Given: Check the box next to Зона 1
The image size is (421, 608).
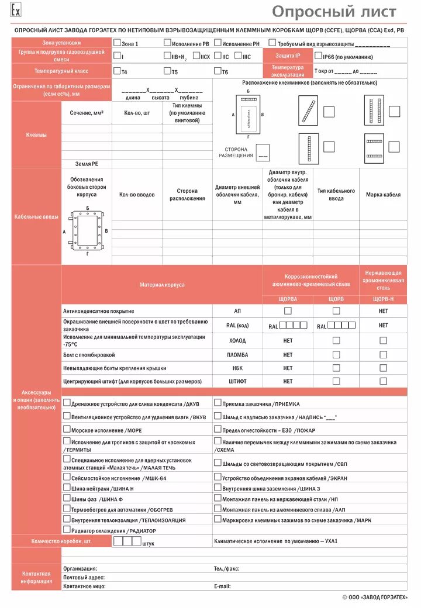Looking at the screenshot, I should [x=117, y=43].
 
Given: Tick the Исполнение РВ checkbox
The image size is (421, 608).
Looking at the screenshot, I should [x=167, y=43].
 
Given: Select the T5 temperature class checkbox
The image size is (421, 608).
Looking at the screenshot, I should [x=167, y=71].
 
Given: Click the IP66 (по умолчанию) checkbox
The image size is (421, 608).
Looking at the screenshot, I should [x=318, y=56].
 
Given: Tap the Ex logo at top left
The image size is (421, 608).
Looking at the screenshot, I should [x=16, y=12].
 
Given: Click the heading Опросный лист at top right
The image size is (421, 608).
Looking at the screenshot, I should [x=334, y=12].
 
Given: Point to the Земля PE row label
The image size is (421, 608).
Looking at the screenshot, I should [x=87, y=164].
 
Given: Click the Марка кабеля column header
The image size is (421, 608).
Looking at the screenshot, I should [x=383, y=195].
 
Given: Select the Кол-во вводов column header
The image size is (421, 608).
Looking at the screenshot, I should [x=137, y=195].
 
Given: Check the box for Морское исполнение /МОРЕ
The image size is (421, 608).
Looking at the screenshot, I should [x=67, y=430].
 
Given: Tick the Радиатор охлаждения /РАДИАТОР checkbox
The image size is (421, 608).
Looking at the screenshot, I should [x=67, y=530].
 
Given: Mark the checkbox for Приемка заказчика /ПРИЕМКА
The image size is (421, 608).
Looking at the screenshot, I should [x=218, y=403].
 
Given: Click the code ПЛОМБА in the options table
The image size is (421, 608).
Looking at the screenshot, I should [x=237, y=355].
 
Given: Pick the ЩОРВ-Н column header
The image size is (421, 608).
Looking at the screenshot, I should [x=383, y=299].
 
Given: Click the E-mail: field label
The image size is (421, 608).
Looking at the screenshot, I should [x=222, y=586].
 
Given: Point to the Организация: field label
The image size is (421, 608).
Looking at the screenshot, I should [x=80, y=568].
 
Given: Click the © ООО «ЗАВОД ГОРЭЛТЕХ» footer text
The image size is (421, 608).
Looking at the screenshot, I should [x=375, y=597].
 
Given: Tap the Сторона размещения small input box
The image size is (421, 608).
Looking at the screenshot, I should [x=263, y=153].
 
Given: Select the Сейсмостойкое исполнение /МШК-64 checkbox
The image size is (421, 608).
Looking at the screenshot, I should [x=67, y=478].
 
